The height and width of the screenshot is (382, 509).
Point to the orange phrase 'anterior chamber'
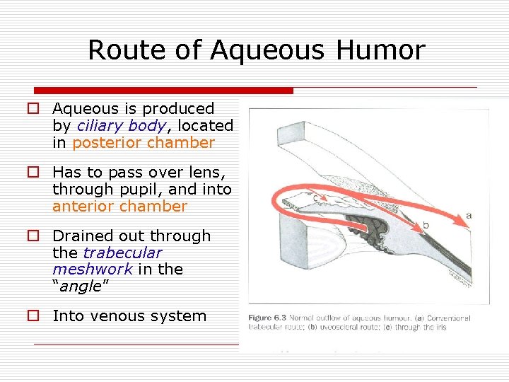click(119, 207)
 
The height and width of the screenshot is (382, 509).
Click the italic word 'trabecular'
click(122, 253)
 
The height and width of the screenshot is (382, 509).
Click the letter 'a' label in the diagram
click(469, 215)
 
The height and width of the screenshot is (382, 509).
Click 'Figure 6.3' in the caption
click(267, 318)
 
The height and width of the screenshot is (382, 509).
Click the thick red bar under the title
click(163, 91)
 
